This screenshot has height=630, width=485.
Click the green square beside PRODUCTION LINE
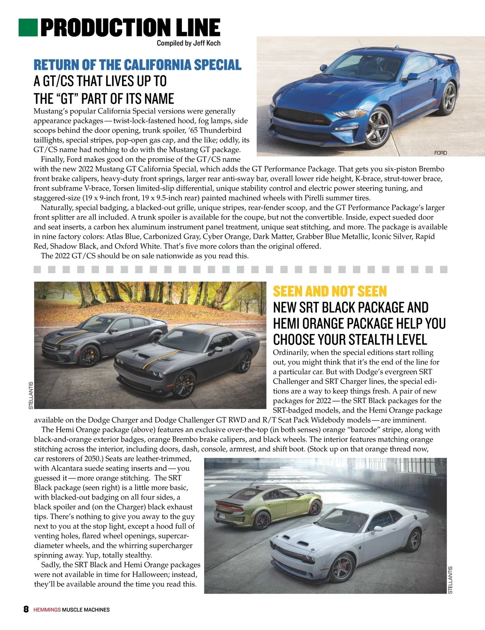click(x=28, y=27)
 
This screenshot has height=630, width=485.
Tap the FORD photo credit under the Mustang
click(x=441, y=153)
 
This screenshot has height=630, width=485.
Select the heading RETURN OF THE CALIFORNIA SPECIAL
click(x=137, y=65)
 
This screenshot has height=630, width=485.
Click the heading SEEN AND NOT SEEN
click(x=330, y=291)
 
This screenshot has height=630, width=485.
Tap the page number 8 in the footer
click(x=26, y=609)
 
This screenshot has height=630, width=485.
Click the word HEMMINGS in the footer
click(x=47, y=610)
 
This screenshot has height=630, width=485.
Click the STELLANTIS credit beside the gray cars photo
click(x=31, y=395)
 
